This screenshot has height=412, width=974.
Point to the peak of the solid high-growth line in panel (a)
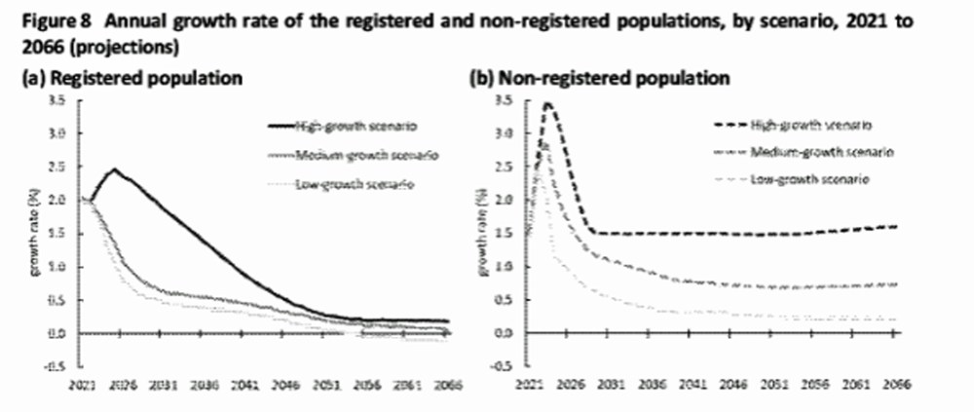[114, 169]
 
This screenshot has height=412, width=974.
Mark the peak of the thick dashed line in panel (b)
[548, 103]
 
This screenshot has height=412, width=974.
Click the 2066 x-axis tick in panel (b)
[895, 386]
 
